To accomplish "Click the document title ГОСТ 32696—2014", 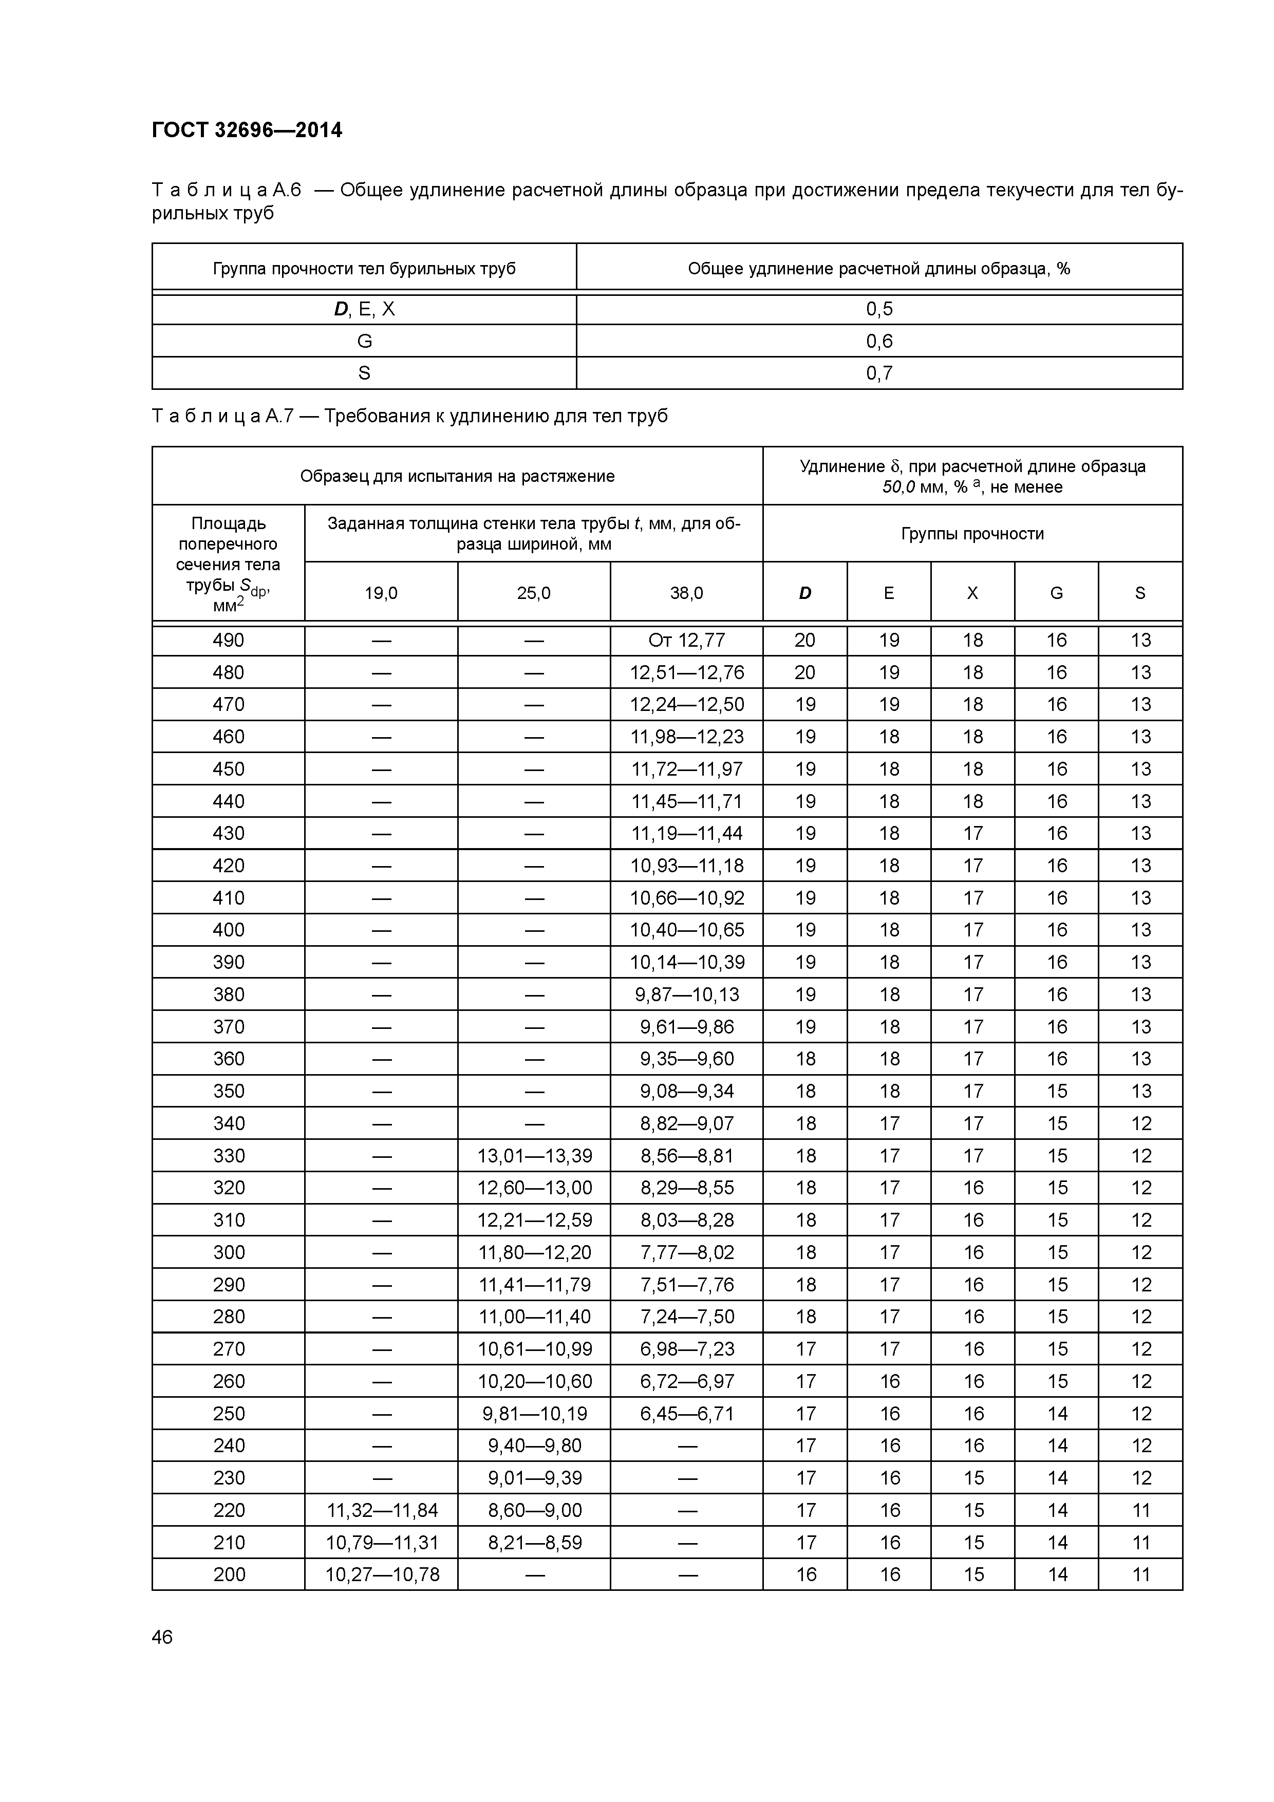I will (247, 130).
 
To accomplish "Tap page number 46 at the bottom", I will (162, 1637).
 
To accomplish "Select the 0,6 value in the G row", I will (878, 342).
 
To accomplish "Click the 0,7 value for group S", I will (878, 373).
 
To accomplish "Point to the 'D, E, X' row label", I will (364, 309).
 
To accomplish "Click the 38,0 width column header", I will (686, 593).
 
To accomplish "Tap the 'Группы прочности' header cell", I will (972, 534).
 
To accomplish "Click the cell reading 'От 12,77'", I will (686, 641).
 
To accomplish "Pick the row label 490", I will (229, 641).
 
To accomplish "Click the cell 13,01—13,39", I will (534, 1156).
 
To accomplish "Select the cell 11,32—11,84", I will (382, 1510).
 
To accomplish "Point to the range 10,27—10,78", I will (382, 1574).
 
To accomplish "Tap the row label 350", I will (229, 1091).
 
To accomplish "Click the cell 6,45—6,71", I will (686, 1414).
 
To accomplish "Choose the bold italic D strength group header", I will (804, 593).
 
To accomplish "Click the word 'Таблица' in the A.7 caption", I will (205, 416).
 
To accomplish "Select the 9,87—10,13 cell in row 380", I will (686, 994).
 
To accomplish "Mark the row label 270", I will (229, 1349).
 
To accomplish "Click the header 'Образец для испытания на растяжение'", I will (457, 476).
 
